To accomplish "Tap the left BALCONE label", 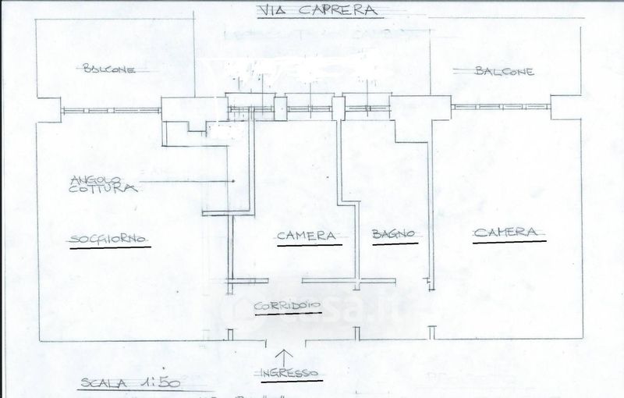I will point(108,70).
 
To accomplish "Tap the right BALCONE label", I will point(504,71).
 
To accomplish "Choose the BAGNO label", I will point(392,233).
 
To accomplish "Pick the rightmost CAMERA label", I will point(505,233).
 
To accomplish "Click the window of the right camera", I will point(502,108).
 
